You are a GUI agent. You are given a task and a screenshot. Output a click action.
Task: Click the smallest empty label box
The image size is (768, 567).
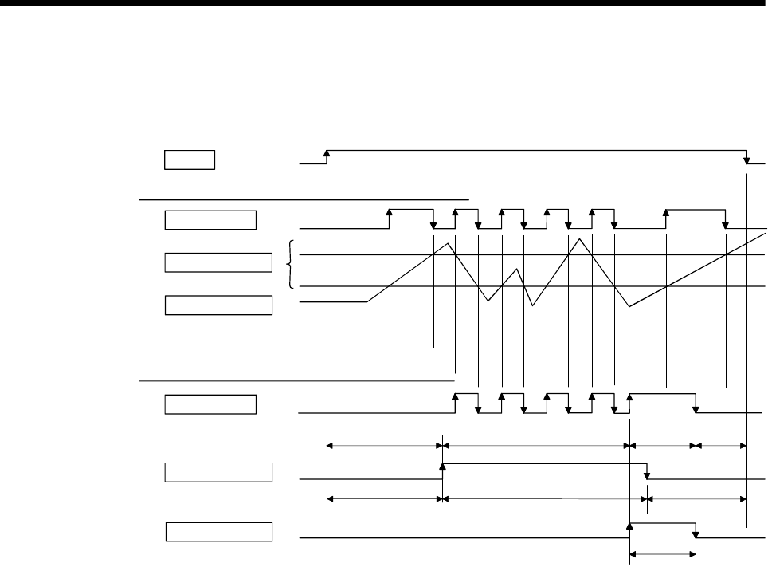pyautogui.click(x=190, y=159)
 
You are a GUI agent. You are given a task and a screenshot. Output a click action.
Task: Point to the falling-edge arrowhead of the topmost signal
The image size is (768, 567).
pyautogui.click(x=746, y=160)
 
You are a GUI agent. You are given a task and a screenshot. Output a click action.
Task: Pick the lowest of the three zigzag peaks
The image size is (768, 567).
pyautogui.click(x=518, y=269)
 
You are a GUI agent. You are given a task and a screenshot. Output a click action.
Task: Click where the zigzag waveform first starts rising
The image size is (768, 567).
pyautogui.click(x=366, y=301)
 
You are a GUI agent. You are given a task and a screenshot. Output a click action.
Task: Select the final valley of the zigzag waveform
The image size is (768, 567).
pyautogui.click(x=629, y=306)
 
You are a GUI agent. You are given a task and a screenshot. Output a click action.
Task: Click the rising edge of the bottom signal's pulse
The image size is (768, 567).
pyautogui.click(x=630, y=526)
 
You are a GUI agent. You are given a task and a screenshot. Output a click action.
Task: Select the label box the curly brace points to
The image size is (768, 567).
pyautogui.click(x=218, y=262)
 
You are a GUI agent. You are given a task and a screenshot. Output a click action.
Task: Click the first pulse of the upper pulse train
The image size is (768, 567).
pyautogui.click(x=410, y=211)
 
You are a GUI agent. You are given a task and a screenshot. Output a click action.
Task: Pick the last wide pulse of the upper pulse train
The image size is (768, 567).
pyautogui.click(x=695, y=211)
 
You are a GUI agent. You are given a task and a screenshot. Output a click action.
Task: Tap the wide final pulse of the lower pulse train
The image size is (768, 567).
pyautogui.click(x=663, y=394)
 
